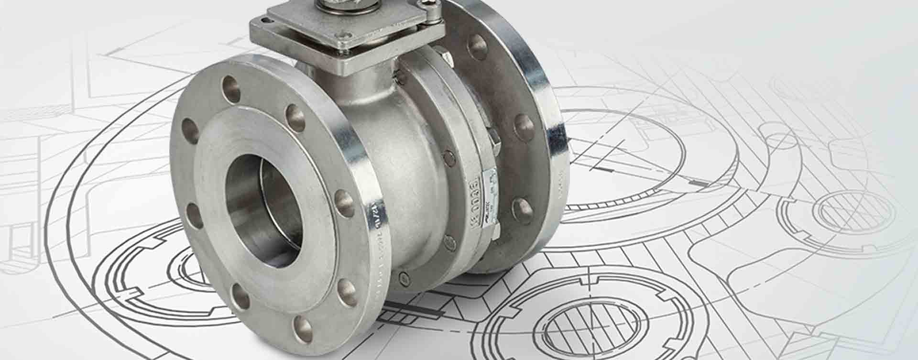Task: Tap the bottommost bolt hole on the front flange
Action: tap(303, 326)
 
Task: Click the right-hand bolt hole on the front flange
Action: tap(344, 200)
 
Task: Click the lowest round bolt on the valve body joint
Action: tap(404, 277)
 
